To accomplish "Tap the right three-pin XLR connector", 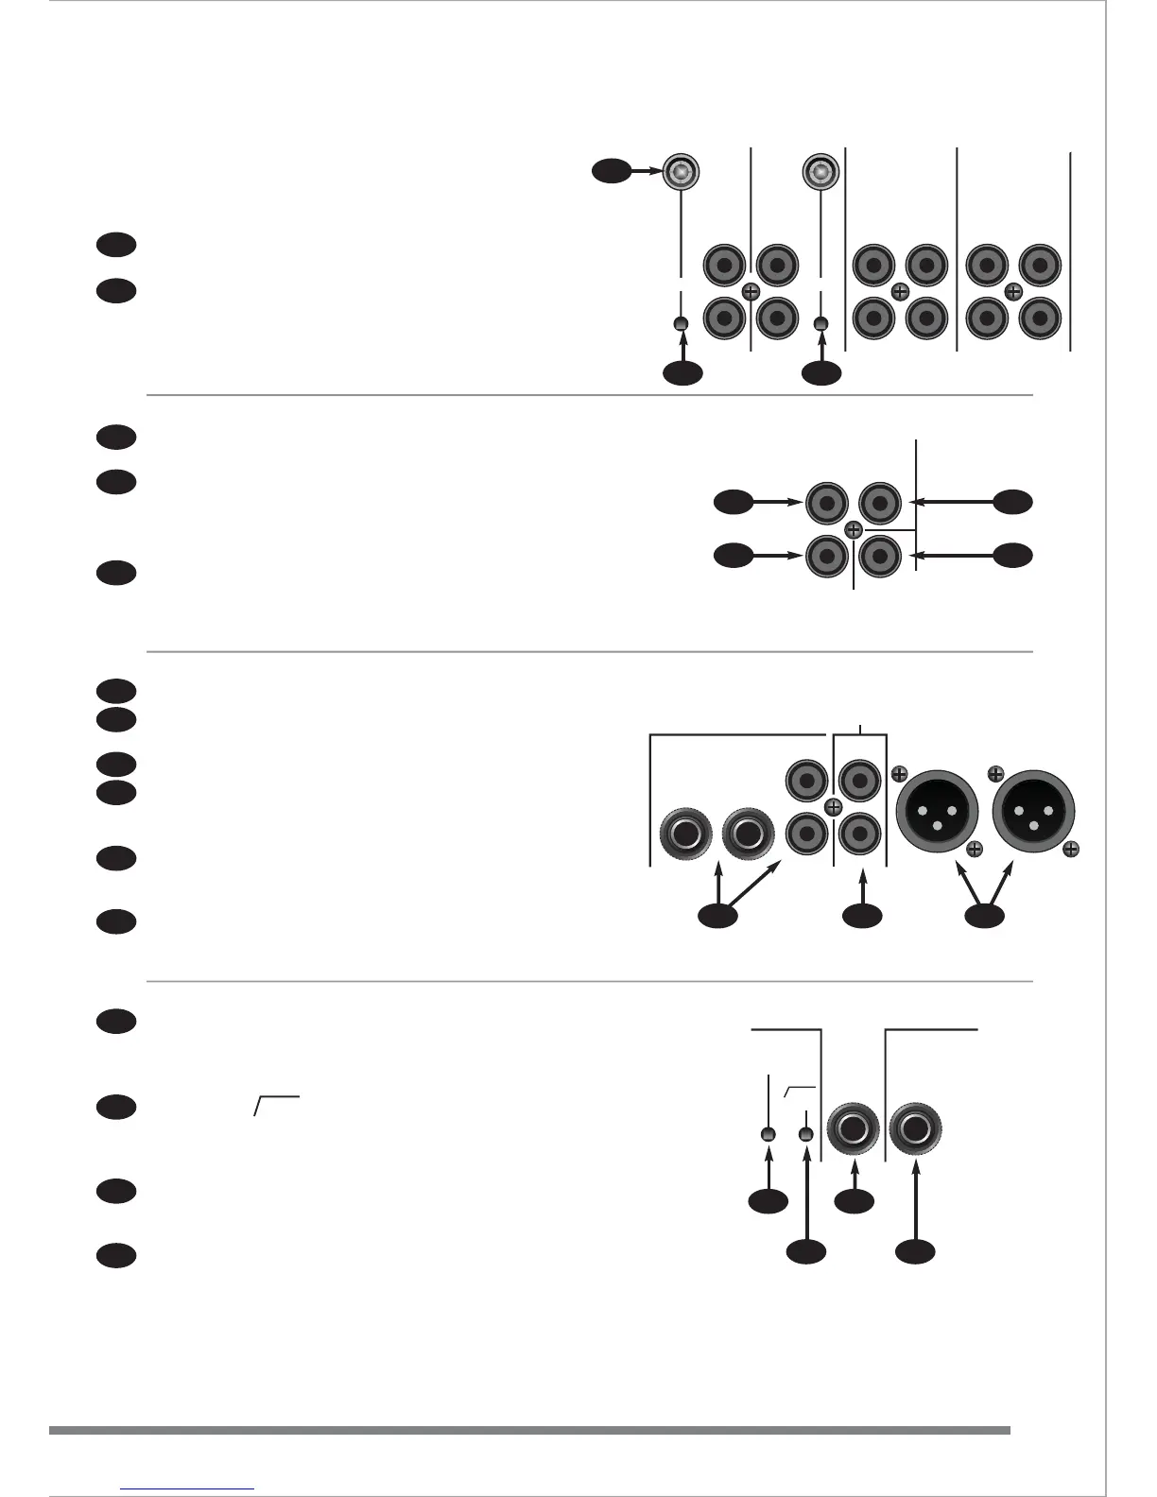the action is point(1033,812).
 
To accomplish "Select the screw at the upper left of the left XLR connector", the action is point(899,772).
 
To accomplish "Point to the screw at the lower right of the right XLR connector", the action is point(1071,850).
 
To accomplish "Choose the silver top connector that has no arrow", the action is point(820,171).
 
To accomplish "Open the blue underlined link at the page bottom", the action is point(188,1488).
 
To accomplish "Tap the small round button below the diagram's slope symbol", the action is point(805,1134).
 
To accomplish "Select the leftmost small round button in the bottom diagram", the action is point(768,1134).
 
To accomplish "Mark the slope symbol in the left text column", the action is point(277,1105).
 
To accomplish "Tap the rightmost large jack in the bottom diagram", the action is point(916,1130).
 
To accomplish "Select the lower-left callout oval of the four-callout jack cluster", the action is point(733,556).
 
